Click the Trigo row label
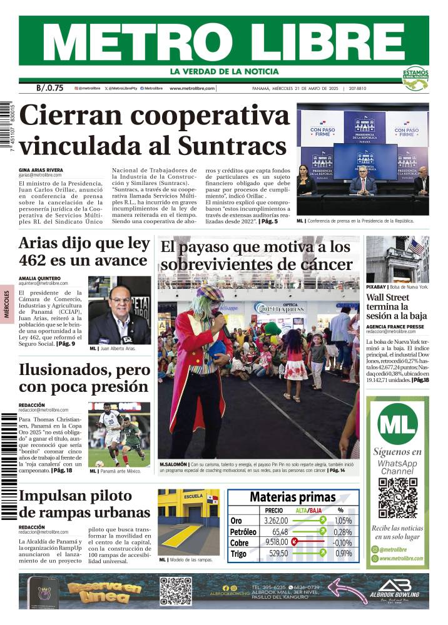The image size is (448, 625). click(x=238, y=553)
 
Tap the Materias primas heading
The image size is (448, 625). click(x=293, y=497)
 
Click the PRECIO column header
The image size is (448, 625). click(x=274, y=510)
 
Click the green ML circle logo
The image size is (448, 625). click(x=397, y=424)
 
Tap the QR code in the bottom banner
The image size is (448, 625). click(x=176, y=591)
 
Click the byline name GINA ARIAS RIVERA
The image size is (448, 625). click(x=41, y=169)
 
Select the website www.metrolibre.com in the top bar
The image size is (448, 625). click(x=192, y=89)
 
